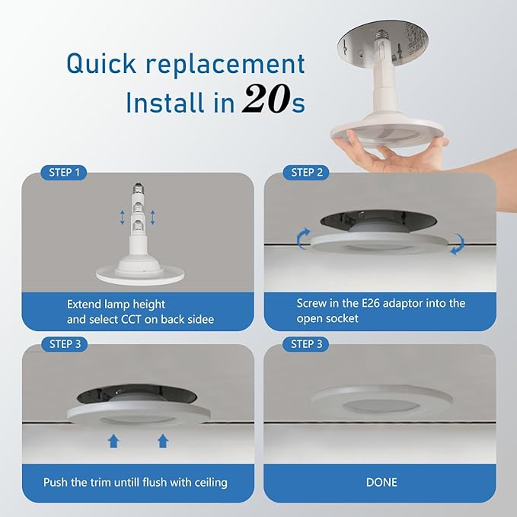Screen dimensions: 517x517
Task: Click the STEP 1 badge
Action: (65, 173)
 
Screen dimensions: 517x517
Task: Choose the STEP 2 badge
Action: (307, 173)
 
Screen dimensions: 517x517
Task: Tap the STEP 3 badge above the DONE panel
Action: (307, 344)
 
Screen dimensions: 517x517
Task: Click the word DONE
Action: (381, 482)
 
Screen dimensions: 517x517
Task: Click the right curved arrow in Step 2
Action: (457, 246)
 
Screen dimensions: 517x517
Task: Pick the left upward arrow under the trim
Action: (113, 439)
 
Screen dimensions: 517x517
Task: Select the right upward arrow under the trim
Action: (162, 439)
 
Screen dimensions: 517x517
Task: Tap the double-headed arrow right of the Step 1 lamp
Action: (153, 217)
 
